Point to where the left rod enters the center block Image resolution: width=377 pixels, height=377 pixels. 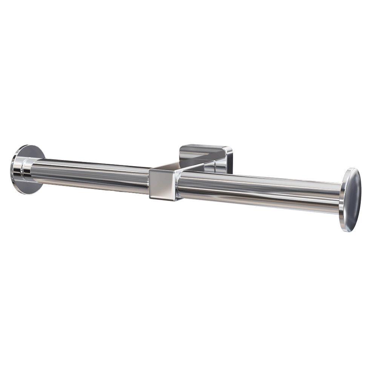coord(149,181)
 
